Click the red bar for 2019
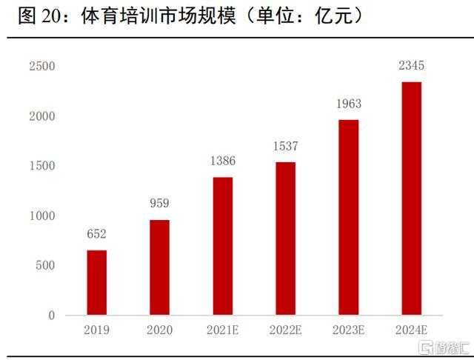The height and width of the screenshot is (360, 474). (96, 283)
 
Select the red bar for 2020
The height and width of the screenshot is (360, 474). (159, 267)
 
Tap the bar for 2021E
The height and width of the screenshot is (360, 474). (222, 246)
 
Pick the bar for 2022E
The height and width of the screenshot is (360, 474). (285, 239)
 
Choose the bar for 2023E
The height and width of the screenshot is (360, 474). (348, 217)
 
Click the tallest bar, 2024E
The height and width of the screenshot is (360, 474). (411, 199)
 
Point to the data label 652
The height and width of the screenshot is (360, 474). (96, 234)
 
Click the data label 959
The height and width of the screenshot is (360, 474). (159, 204)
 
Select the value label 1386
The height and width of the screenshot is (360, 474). (222, 161)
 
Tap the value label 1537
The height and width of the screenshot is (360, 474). (285, 146)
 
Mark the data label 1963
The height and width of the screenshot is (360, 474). (348, 104)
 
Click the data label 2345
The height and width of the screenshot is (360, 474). (411, 66)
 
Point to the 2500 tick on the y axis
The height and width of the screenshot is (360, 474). (41, 67)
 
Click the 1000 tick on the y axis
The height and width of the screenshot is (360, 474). (41, 216)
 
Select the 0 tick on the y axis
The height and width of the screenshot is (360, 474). (52, 316)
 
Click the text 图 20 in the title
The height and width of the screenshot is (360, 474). (39, 16)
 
